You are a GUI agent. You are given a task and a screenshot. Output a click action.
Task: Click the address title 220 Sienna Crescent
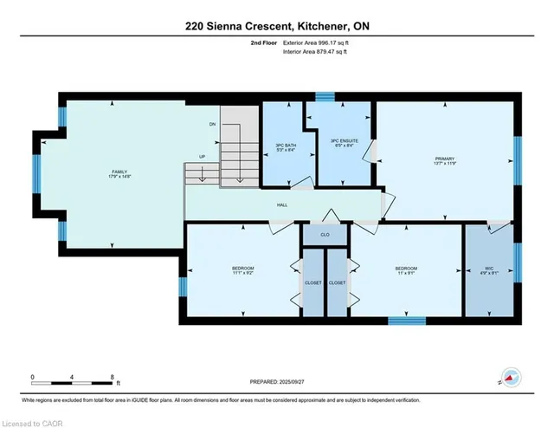[x=277, y=27]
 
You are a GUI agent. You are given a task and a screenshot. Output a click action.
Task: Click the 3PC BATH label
[x=285, y=147]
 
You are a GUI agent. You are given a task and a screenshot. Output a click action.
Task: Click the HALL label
[x=282, y=205]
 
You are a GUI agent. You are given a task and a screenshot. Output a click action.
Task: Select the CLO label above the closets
[x=325, y=233]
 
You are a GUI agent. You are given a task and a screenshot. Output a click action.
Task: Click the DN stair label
[x=212, y=125]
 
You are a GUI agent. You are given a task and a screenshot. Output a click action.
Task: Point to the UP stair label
[x=203, y=157]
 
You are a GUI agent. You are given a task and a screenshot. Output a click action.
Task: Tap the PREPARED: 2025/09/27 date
[x=277, y=380]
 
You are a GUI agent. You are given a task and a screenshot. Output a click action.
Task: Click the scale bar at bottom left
[x=74, y=379]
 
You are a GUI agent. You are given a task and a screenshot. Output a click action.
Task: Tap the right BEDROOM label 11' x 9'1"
[x=407, y=271]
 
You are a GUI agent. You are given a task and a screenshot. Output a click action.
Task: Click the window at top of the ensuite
[x=325, y=97]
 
